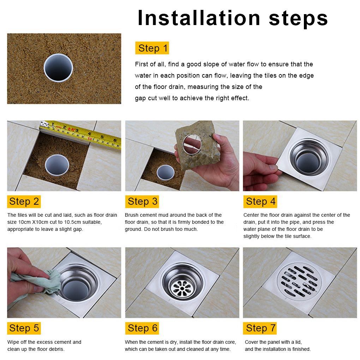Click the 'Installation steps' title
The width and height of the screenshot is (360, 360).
(x=232, y=18)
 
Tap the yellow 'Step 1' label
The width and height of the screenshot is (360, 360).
(x=152, y=48)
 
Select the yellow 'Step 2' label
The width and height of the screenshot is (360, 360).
(x=24, y=201)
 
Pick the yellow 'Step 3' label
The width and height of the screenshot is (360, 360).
(x=142, y=201)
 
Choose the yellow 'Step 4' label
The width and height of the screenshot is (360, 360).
(x=260, y=201)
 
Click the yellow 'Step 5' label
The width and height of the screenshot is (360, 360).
(x=24, y=328)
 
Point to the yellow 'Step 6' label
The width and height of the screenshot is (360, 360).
(x=142, y=328)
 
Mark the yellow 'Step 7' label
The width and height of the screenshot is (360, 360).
(x=260, y=328)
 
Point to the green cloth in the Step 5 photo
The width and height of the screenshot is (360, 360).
(x=37, y=283)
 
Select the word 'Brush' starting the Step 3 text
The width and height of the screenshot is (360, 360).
(x=132, y=215)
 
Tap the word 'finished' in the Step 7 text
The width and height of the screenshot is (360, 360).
(x=301, y=349)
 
